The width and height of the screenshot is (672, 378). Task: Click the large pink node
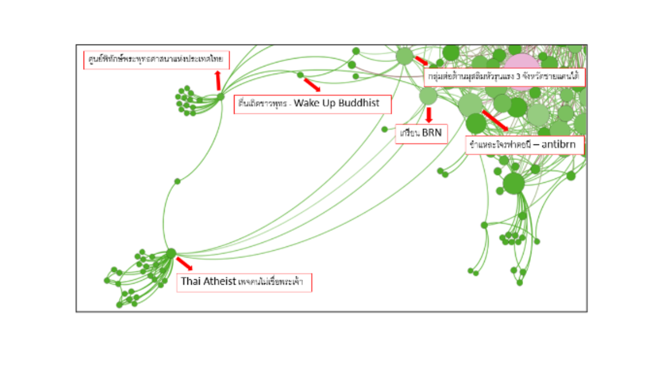521,63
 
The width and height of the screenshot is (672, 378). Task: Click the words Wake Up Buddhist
336,103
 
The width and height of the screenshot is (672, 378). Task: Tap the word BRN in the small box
432,133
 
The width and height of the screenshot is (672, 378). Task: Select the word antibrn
558,145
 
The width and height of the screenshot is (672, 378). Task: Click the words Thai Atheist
208,281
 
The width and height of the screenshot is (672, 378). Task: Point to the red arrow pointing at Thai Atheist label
184,264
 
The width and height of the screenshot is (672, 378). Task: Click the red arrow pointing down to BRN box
429,115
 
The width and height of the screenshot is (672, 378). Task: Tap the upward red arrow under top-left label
218,80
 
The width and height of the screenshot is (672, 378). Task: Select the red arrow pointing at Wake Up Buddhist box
312,85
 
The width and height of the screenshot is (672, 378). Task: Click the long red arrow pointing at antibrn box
495,121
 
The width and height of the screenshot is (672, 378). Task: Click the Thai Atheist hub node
171,253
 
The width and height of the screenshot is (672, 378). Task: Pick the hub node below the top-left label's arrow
220,97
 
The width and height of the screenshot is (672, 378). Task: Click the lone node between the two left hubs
177,181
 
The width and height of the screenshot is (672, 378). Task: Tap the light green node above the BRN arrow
428,96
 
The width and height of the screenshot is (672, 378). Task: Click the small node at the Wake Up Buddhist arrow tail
300,75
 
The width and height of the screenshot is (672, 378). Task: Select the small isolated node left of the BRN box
385,129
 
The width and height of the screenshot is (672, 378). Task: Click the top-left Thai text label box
156,59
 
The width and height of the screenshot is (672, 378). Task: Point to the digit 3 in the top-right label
518,77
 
